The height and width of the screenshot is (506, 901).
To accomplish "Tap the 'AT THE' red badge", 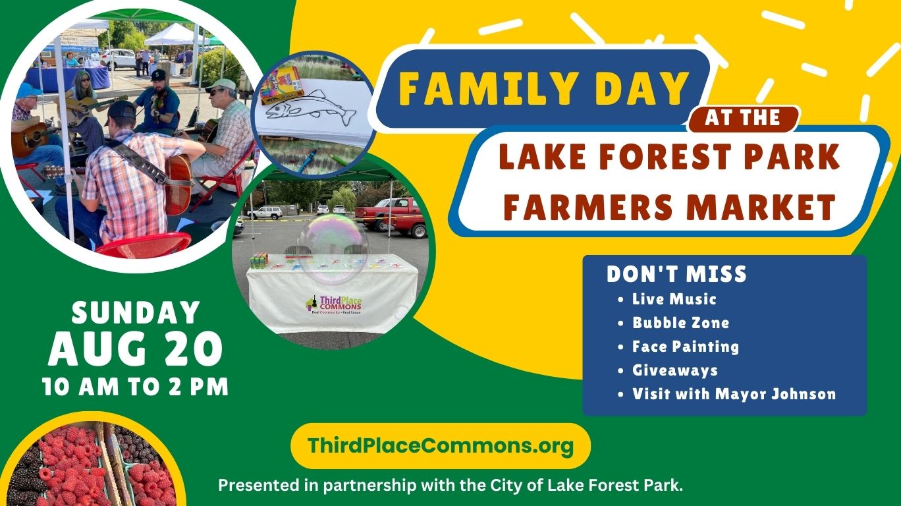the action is (743, 119).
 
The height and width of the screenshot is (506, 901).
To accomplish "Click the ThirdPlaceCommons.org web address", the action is (441, 445).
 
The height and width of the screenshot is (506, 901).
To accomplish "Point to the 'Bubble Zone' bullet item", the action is (680, 323).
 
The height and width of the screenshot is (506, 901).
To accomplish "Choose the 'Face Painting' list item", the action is (686, 347).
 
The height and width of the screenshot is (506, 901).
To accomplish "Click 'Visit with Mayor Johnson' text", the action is (734, 394).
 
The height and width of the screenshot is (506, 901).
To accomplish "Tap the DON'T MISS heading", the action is (676, 274).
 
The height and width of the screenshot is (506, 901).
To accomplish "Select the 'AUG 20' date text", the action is (135, 349).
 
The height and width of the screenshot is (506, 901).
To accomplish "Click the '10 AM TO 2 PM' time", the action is (135, 387).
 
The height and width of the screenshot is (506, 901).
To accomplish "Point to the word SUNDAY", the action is (136, 312).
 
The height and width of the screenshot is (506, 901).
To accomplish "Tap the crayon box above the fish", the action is (281, 85).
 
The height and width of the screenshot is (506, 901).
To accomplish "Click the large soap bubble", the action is (333, 249).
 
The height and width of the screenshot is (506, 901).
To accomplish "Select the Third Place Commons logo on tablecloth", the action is (333, 305).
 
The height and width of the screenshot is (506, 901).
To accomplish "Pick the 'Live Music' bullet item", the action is (674, 299).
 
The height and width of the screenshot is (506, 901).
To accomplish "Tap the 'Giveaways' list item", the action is (675, 370).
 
